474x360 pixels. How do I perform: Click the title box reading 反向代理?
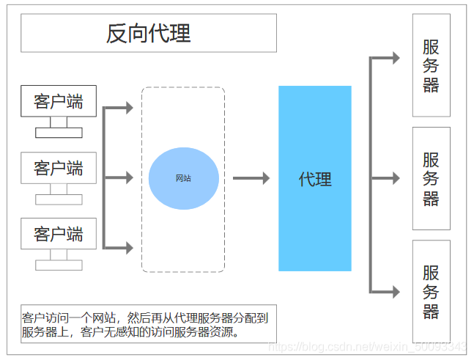(x=149, y=33)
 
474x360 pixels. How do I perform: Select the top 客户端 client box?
(x=59, y=101)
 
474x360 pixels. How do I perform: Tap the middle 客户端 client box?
(x=59, y=168)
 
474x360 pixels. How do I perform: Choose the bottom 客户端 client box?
(x=59, y=234)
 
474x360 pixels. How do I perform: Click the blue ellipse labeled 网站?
(x=184, y=178)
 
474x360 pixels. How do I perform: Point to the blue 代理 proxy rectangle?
(x=315, y=178)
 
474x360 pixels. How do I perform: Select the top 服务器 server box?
(x=432, y=65)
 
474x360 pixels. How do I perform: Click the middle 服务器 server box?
(x=432, y=178)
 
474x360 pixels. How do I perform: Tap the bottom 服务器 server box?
(x=432, y=292)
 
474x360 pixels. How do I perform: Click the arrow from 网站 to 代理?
(x=251, y=178)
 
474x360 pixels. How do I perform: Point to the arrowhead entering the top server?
(x=396, y=58)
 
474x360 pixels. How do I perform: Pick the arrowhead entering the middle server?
(x=396, y=178)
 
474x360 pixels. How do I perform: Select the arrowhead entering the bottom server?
(x=396, y=292)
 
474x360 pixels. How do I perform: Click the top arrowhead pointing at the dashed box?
(x=129, y=108)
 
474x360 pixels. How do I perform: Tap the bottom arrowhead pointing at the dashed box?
(x=129, y=248)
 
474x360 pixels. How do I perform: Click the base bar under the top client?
(x=59, y=133)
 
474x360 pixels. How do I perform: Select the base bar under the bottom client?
(x=59, y=265)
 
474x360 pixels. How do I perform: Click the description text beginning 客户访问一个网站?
(x=149, y=324)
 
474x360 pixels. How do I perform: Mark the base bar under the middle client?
(x=59, y=199)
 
